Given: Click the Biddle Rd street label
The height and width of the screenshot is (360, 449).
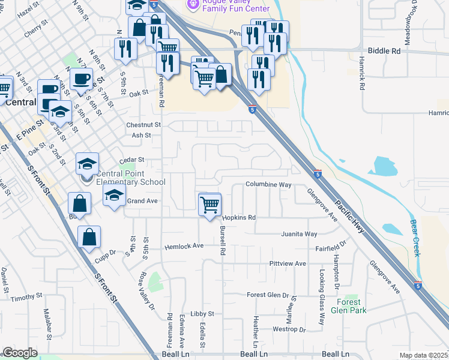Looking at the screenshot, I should point(384,52).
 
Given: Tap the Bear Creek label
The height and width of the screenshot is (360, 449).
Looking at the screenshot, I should point(414,238).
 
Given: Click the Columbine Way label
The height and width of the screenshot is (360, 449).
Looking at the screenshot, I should point(268,185).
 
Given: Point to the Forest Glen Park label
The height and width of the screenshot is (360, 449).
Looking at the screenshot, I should point(352,306).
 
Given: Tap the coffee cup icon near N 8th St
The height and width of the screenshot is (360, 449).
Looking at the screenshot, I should point(81,79).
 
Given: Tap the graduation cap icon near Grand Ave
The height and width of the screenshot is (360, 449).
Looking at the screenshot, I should point(114,195).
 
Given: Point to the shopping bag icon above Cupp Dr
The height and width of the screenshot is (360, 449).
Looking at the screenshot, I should point(89,236).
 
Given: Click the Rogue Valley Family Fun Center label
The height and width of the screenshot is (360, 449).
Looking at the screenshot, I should point(228,5).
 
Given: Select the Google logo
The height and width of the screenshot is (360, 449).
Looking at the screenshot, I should point(20,353).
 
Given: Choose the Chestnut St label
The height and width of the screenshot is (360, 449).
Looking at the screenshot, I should point(143,125).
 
